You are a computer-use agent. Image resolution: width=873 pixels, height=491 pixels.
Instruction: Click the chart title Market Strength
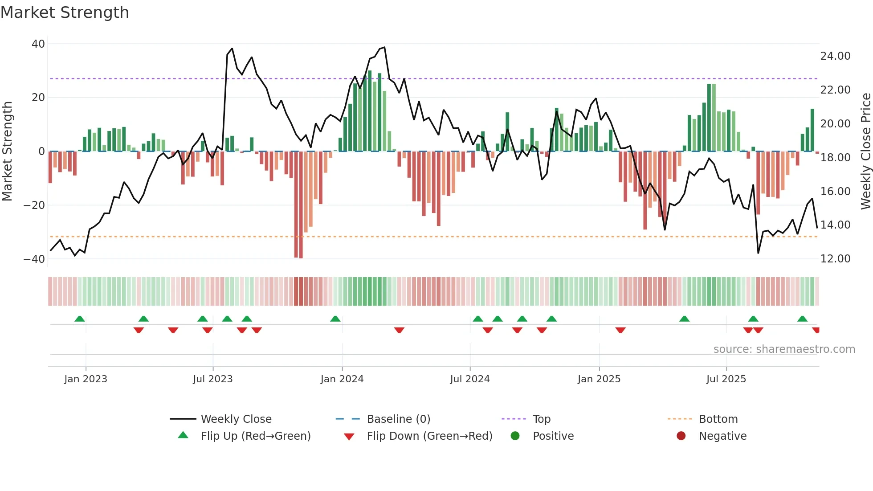pos(65,12)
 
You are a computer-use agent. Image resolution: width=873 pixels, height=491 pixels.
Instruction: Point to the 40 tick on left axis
pos(38,44)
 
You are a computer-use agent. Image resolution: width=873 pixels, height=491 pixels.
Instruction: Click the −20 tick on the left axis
pos(34,205)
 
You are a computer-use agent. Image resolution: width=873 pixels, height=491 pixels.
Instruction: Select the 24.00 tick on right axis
pos(835,56)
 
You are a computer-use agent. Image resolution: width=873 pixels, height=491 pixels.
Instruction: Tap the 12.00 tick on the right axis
pos(835,259)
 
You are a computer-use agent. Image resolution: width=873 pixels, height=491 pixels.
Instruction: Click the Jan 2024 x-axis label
pos(342,379)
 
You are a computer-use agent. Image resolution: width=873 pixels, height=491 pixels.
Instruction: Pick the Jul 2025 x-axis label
pos(726,379)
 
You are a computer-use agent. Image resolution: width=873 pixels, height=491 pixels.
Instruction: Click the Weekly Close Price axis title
pos(865,151)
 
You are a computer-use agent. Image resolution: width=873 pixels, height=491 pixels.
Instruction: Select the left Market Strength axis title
pos(8,151)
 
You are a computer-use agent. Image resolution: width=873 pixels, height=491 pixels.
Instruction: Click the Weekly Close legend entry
pos(236,419)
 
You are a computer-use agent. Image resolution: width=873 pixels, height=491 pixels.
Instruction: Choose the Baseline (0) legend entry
pos(398,419)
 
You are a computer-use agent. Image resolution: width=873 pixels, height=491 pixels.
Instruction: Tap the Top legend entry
pos(541,419)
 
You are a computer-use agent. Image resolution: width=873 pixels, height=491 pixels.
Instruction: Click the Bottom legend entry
pos(718,419)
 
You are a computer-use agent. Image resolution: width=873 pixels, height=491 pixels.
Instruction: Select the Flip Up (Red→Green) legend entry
pos(255,436)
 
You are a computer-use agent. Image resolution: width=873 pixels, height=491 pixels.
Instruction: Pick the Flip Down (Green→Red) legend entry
pos(429,436)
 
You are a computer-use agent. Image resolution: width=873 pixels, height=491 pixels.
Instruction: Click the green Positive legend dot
pos(515,436)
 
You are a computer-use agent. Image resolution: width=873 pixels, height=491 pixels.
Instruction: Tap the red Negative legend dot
pos(681,436)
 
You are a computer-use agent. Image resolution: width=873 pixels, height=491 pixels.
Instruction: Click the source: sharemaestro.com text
pos(784,349)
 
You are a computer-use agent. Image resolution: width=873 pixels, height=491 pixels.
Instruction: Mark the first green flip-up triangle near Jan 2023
pos(80,319)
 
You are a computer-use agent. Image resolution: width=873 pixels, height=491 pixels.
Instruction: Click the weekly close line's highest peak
pos(384,47)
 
